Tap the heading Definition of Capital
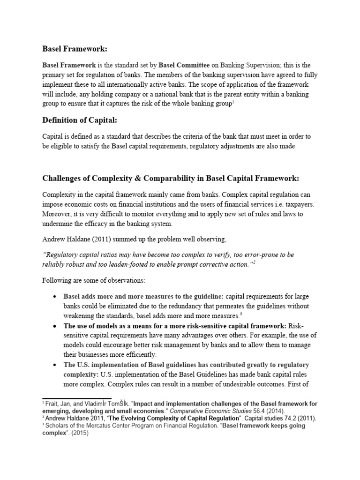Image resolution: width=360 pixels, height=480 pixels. point(79,121)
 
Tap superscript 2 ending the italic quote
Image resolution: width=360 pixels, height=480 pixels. point(255,262)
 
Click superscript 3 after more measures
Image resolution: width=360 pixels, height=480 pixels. point(240,314)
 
